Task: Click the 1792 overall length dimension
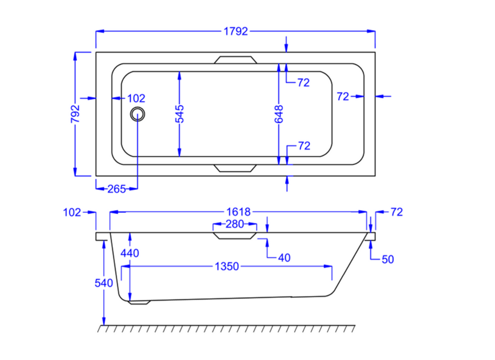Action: (x=236, y=32)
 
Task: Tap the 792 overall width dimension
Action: (x=75, y=114)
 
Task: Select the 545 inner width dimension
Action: (x=179, y=114)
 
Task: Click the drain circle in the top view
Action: (x=138, y=114)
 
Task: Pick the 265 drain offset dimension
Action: (x=117, y=189)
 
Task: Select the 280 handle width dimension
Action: (x=235, y=224)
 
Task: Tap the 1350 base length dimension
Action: (x=226, y=266)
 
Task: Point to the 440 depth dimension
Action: (x=130, y=253)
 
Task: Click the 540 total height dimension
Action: (x=104, y=283)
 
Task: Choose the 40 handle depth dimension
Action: (x=283, y=257)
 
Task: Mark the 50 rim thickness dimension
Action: (x=388, y=260)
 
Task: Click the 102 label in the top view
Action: (x=136, y=98)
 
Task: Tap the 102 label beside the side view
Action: (x=71, y=212)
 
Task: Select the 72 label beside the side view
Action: (x=396, y=212)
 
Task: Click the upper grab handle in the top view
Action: (x=235, y=60)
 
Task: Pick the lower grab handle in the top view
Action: (x=235, y=168)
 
